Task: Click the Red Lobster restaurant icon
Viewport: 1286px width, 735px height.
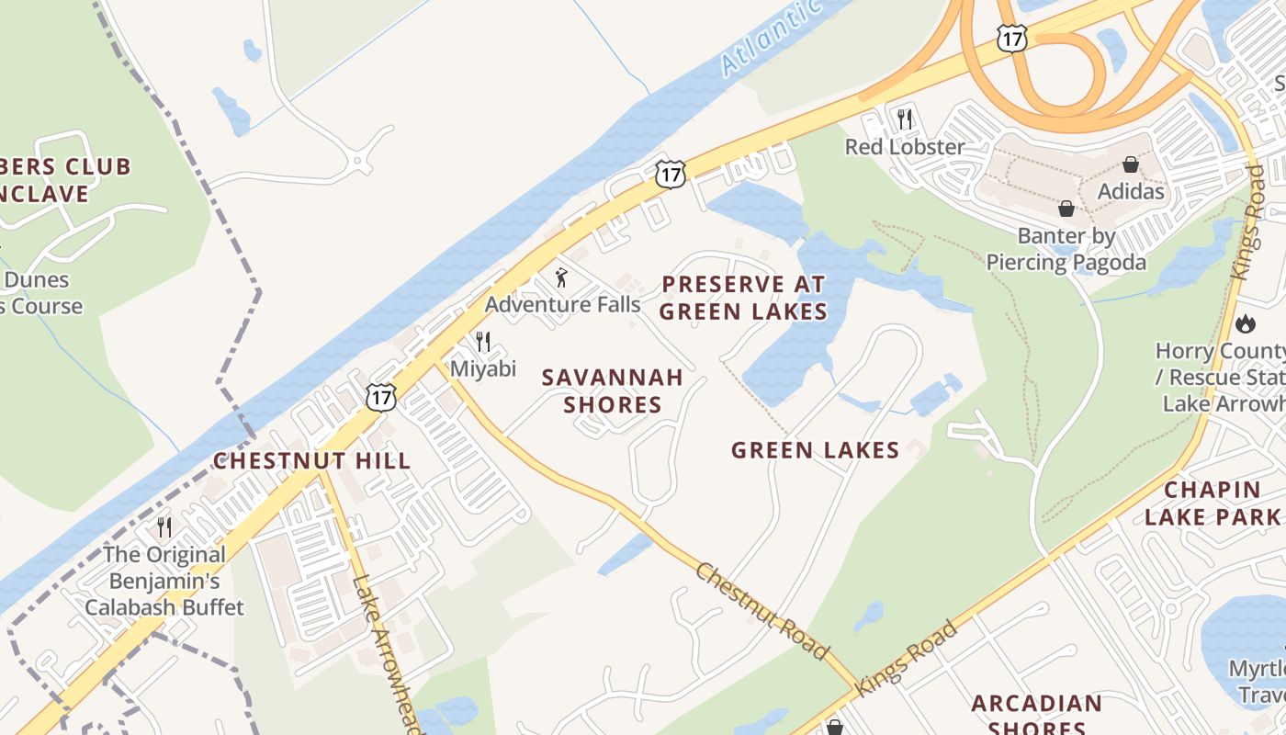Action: click(905, 119)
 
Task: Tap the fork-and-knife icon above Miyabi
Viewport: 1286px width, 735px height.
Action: click(483, 342)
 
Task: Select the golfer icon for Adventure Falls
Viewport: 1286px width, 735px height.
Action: click(561, 277)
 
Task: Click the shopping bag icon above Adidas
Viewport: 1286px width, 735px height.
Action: click(1131, 164)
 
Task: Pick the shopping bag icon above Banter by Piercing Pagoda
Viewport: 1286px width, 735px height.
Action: click(1066, 209)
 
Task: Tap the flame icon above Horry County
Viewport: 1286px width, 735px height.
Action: click(1246, 323)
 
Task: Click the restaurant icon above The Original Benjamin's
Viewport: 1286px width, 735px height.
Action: click(164, 526)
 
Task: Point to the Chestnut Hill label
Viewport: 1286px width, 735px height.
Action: click(311, 461)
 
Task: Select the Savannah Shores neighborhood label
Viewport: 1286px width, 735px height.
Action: click(612, 391)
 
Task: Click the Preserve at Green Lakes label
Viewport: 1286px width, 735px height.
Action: click(743, 298)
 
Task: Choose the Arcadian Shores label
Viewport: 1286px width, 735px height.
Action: click(1037, 715)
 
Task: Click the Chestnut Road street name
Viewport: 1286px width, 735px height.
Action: click(761, 610)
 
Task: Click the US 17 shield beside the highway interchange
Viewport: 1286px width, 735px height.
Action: click(1011, 38)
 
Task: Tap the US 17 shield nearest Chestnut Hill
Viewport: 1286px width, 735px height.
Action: click(380, 396)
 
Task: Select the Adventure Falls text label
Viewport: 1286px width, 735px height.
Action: click(562, 304)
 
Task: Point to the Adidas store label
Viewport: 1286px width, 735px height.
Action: click(1131, 192)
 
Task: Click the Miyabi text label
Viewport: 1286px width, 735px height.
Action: click(483, 369)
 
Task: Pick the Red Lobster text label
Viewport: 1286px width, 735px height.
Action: click(905, 147)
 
